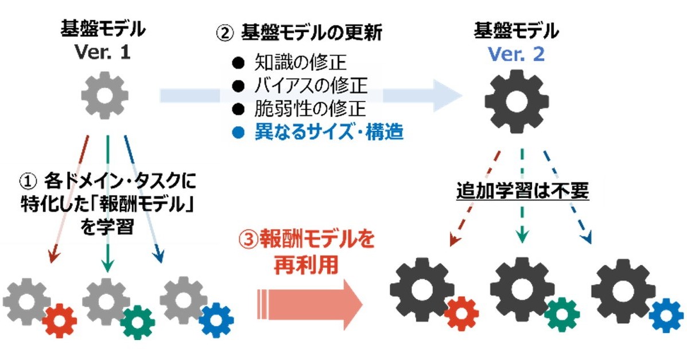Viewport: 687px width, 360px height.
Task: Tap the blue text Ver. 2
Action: point(515,53)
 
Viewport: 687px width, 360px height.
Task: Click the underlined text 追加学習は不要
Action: point(523,191)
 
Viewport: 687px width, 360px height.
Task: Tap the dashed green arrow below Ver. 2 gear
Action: point(522,195)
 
